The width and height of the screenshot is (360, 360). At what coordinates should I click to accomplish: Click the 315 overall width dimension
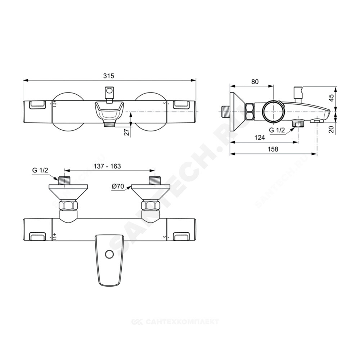coord(108,76)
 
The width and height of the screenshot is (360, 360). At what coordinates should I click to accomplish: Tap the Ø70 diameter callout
coord(118,186)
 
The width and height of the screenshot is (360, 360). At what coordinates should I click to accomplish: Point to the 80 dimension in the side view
coord(255,82)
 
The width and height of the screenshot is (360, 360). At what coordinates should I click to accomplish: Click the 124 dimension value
coord(259,137)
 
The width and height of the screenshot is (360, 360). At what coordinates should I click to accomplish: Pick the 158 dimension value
coord(273,149)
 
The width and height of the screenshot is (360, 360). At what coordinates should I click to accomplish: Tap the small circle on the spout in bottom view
coord(108,254)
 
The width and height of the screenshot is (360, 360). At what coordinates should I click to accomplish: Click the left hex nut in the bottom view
coord(68,206)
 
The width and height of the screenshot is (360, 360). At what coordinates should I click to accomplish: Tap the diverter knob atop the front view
coord(109,91)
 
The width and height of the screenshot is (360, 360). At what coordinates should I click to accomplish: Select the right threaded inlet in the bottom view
coord(155,180)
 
